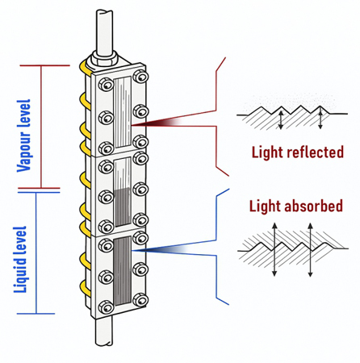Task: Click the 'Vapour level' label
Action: click(x=25, y=128)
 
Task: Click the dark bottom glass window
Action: click(x=122, y=270)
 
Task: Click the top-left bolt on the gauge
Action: click(x=103, y=83)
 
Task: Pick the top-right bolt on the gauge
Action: click(x=143, y=77)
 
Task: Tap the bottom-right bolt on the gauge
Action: click(x=143, y=300)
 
